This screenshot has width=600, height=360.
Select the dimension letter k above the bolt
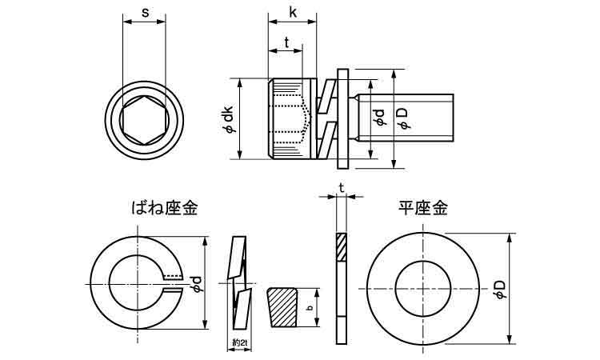(x=292, y=13)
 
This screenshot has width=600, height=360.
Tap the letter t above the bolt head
(x=286, y=44)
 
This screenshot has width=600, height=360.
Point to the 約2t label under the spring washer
(x=238, y=342)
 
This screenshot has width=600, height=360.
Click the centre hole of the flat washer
(x=422, y=286)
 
